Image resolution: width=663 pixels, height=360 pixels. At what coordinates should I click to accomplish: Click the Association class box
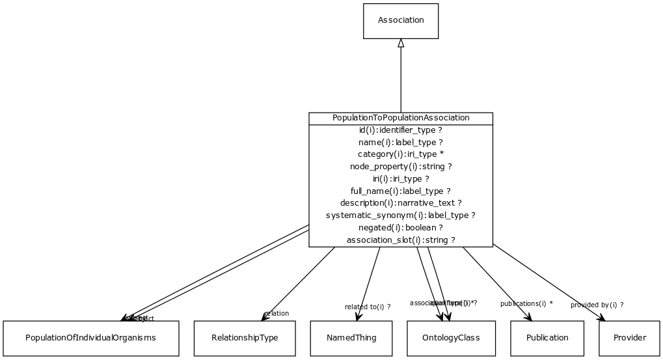(x=401, y=21)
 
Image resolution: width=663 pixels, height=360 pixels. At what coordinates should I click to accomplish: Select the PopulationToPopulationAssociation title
(x=401, y=118)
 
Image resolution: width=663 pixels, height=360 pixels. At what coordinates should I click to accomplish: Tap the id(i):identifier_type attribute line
(x=401, y=130)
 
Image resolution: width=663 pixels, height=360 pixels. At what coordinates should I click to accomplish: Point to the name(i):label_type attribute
(x=401, y=143)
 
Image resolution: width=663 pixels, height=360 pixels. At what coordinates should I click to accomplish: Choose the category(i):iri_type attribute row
(x=401, y=154)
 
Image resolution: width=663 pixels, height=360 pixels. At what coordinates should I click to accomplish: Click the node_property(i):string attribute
(x=401, y=167)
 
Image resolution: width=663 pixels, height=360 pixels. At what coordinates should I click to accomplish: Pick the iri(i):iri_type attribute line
(x=401, y=179)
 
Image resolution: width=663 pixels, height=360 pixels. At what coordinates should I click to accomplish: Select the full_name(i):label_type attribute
(x=401, y=191)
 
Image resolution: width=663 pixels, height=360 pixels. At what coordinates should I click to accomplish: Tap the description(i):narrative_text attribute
(x=401, y=203)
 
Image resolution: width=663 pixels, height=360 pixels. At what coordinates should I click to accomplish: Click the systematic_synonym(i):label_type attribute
(x=401, y=215)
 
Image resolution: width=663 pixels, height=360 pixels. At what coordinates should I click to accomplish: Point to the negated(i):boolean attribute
(x=401, y=228)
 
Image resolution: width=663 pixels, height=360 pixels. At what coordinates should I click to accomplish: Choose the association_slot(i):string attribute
(x=401, y=240)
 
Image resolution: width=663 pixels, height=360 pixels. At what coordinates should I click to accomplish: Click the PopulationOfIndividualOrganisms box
(x=91, y=338)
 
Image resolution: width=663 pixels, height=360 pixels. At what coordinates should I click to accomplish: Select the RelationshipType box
(x=245, y=338)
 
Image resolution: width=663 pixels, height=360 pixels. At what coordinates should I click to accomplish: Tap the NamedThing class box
(x=352, y=338)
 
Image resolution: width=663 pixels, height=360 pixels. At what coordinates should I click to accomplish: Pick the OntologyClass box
(x=452, y=338)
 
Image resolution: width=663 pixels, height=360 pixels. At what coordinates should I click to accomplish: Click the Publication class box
(x=547, y=338)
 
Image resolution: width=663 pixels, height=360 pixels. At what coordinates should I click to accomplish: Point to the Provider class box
(x=630, y=338)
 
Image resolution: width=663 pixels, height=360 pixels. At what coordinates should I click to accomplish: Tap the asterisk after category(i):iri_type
(x=442, y=154)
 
